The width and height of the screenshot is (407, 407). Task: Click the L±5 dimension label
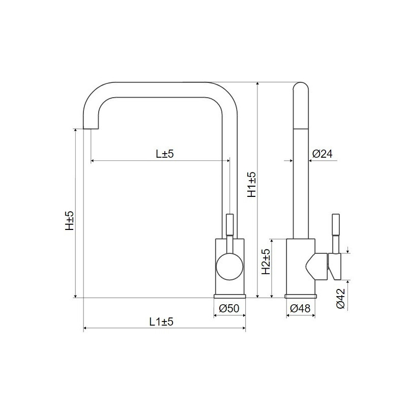(165, 154)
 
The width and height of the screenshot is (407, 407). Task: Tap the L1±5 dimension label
(162, 322)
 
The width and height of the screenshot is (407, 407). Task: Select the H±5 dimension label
(70, 221)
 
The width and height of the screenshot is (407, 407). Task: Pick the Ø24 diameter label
(322, 154)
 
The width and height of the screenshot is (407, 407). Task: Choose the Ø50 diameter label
(229, 308)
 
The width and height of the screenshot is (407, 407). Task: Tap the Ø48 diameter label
(300, 308)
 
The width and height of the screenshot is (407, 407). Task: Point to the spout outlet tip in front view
(90, 127)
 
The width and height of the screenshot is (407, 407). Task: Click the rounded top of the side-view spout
(301, 88)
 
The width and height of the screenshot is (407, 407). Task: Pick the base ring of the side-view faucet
(301, 296)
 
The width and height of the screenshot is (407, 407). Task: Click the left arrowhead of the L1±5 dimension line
(84, 328)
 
